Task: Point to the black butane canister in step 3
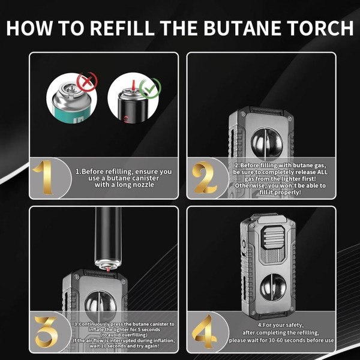[107, 237]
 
